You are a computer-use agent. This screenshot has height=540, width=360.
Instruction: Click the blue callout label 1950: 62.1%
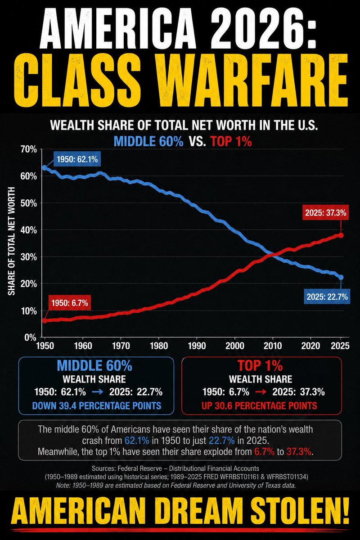pyautogui.click(x=77, y=159)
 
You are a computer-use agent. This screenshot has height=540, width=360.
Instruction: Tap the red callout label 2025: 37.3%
pyautogui.click(x=325, y=213)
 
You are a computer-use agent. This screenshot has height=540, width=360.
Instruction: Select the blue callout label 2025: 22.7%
pyautogui.click(x=327, y=297)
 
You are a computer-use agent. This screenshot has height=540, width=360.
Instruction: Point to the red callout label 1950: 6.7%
pyautogui.click(x=70, y=303)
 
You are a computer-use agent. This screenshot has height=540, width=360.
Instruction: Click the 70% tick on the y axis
pyautogui.click(x=29, y=149)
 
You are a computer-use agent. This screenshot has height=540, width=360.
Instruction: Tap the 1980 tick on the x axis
pyautogui.click(x=159, y=346)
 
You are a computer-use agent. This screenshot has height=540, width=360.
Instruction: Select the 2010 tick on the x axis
pyautogui.click(x=272, y=346)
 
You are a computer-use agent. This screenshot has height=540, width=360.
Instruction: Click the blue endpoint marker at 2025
pyautogui.click(x=341, y=278)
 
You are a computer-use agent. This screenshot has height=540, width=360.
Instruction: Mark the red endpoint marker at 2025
pyautogui.click(x=341, y=235)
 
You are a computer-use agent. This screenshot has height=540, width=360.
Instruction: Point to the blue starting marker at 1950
pyautogui.click(x=45, y=167)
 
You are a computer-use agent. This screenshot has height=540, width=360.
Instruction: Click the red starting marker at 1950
pyautogui.click(x=45, y=320)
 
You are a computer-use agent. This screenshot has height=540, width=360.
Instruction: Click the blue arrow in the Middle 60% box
pyautogui.click(x=98, y=392)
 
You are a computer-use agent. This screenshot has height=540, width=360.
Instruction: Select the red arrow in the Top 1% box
pyautogui.click(x=261, y=392)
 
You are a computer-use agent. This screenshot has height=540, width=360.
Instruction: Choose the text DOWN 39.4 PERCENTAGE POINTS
pyautogui.click(x=97, y=405)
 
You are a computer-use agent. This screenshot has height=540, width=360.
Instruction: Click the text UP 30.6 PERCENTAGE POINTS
pyautogui.click(x=259, y=405)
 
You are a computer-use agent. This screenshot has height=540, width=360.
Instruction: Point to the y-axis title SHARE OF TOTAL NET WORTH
pyautogui.click(x=11, y=241)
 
